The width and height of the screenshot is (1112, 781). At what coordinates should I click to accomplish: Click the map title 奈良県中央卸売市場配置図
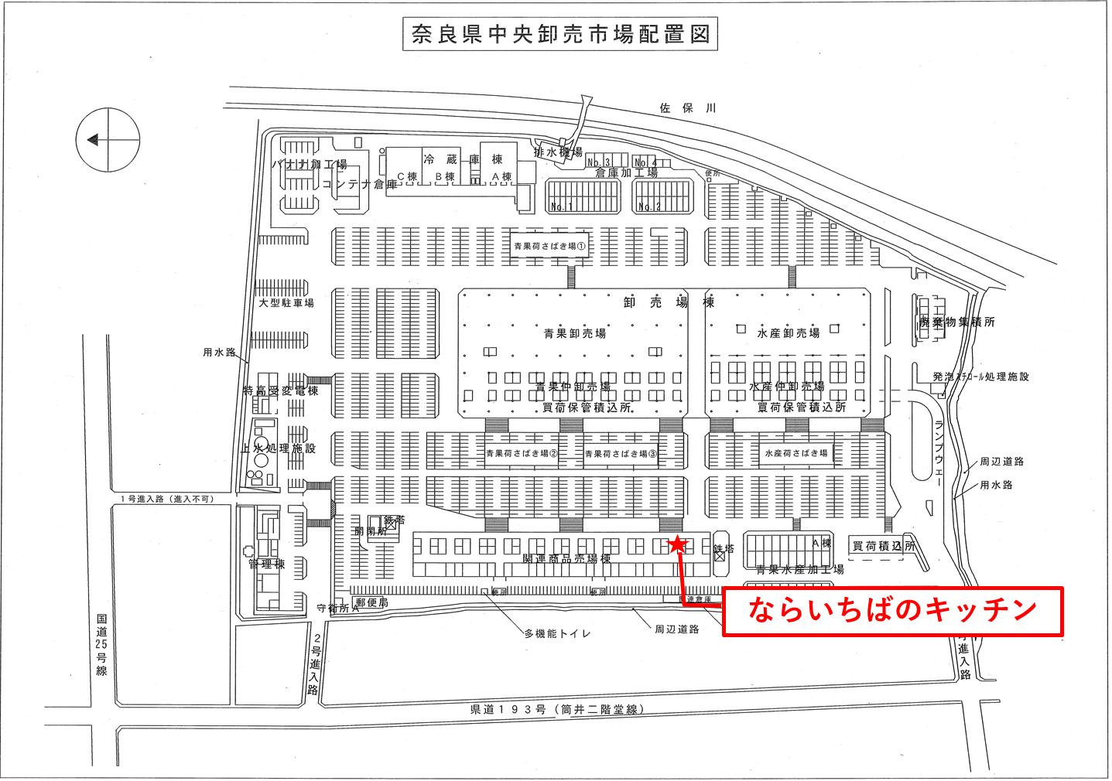(x=559, y=35)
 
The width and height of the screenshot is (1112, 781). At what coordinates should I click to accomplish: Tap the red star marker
(x=677, y=544)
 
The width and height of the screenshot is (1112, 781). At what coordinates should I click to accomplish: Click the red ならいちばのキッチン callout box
(x=892, y=611)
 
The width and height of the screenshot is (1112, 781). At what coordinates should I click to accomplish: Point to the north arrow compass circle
(x=108, y=140)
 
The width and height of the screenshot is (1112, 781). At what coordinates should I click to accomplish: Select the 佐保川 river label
(x=687, y=108)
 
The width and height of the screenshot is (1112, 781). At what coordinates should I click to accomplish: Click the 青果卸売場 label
(x=574, y=333)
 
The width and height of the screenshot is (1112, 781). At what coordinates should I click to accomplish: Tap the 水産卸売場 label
(x=788, y=333)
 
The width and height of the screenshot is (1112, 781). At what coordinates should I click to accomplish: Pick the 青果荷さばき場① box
(x=550, y=246)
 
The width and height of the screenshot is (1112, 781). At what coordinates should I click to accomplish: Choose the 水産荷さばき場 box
(x=796, y=453)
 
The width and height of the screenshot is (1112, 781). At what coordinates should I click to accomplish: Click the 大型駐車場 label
(x=286, y=303)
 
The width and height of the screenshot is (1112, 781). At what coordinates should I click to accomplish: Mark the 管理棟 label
(x=267, y=564)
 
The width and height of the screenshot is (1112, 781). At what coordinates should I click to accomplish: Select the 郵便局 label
(x=372, y=602)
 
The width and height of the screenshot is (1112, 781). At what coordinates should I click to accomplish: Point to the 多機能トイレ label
(x=557, y=633)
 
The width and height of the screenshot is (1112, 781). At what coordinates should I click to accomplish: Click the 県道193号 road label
(x=557, y=709)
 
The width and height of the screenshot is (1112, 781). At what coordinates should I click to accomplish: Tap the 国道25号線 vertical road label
(x=101, y=645)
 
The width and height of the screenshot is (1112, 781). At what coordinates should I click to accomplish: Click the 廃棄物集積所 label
(x=957, y=322)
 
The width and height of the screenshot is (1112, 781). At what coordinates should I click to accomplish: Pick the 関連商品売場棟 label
(x=566, y=558)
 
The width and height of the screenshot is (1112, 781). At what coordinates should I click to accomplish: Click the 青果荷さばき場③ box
(x=621, y=454)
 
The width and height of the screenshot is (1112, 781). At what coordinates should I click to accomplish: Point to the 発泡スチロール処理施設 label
(x=980, y=377)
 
